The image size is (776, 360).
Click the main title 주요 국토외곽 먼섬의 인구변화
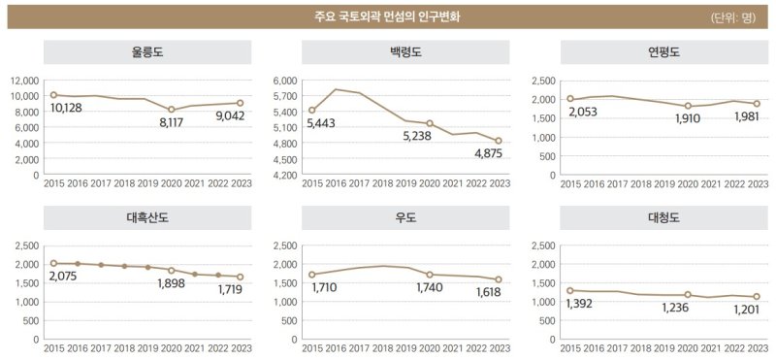(x=387, y=16)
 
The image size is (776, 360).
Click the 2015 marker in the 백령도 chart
(x=311, y=111)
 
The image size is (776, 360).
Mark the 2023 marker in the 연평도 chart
(x=756, y=104)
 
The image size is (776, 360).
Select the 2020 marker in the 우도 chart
(x=430, y=275)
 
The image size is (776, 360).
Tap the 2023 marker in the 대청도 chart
(x=756, y=297)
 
